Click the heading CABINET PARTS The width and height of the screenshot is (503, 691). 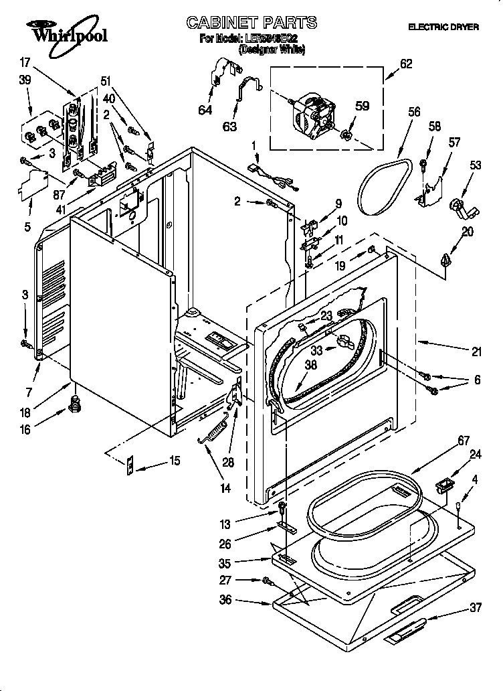[x=252, y=23]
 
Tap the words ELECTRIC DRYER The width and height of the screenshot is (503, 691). [x=443, y=27]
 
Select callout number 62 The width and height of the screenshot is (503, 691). [x=406, y=64]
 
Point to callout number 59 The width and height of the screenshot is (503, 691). [x=362, y=105]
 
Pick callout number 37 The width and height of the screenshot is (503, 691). [x=476, y=608]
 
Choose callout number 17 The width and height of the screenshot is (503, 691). [x=25, y=63]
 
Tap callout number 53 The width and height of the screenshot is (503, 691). [x=476, y=165]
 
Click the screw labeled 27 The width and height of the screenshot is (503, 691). [x=267, y=581]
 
